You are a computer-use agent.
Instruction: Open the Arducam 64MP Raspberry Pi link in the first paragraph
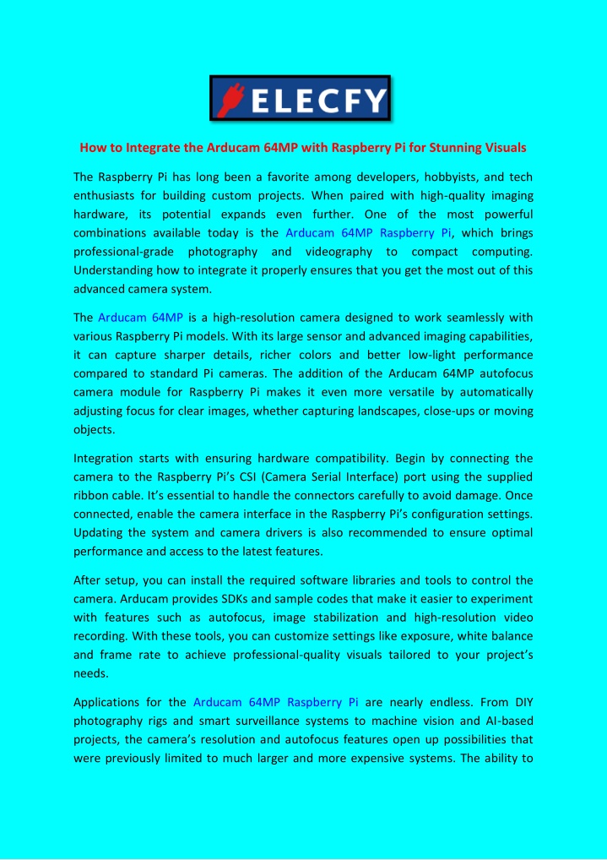[368, 232]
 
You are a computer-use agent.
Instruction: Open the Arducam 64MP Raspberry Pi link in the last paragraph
[276, 702]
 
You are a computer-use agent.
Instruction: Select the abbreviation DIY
[523, 702]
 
